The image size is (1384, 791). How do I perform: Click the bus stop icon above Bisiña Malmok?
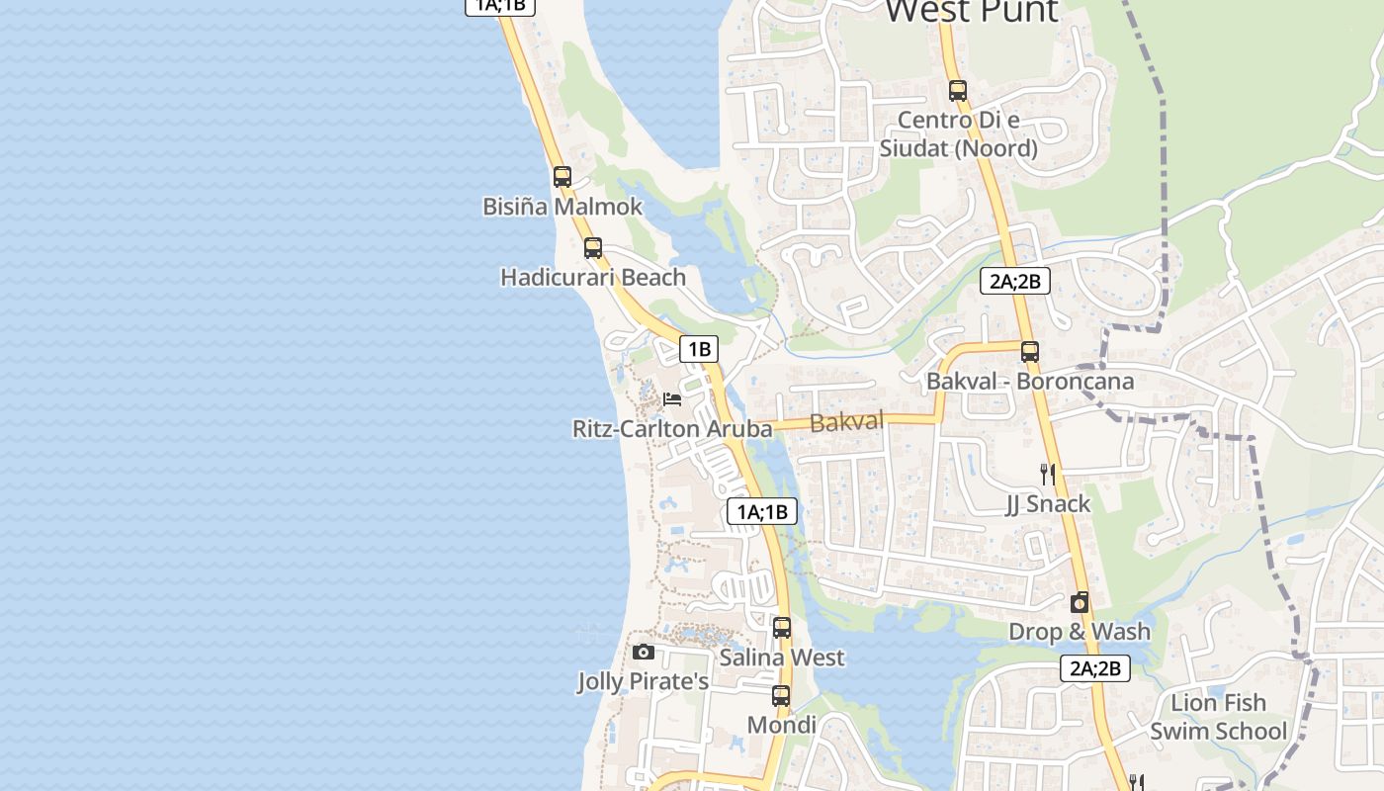point(562,177)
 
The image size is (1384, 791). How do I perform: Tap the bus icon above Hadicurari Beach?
point(593,248)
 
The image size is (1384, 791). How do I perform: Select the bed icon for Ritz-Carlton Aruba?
point(672,399)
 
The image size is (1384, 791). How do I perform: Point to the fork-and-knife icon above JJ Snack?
point(1048,475)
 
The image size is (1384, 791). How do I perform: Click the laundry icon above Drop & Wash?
point(1080,602)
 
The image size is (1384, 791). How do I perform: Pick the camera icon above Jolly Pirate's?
point(644,652)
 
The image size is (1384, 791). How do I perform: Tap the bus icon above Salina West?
point(782,627)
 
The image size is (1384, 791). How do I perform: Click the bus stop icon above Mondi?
point(781,695)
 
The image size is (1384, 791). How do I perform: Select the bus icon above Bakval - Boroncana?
point(1030,351)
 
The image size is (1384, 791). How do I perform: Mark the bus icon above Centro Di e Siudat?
point(957,91)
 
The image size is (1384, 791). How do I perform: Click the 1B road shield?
point(699,348)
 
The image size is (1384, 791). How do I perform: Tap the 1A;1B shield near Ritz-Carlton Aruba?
point(761,511)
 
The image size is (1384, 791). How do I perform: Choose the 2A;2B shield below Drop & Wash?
point(1095,668)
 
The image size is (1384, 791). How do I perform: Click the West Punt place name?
point(972,12)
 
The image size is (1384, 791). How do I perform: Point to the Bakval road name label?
point(846,422)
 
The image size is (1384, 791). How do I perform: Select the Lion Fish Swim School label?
point(1218,717)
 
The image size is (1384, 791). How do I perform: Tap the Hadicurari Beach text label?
point(593,277)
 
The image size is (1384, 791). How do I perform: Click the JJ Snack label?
point(1048,504)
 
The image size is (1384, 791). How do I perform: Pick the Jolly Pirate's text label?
point(644,682)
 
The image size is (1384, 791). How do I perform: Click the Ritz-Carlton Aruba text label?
point(672,429)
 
